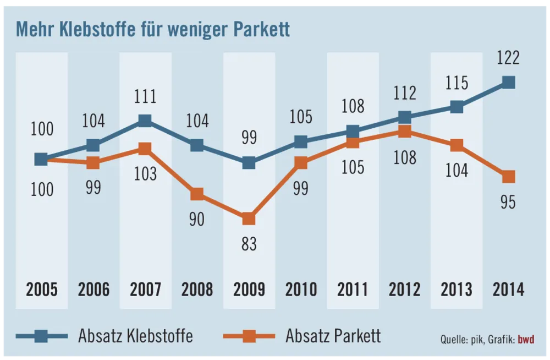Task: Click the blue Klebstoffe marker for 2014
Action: tap(508, 83)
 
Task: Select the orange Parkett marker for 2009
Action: tap(249, 219)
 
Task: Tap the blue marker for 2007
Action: tap(145, 121)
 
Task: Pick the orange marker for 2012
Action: tap(405, 132)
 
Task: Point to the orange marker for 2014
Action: tap(508, 177)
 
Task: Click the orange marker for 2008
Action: tap(197, 194)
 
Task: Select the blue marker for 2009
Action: tap(249, 163)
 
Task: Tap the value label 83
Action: tap(249, 244)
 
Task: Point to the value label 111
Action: tap(145, 97)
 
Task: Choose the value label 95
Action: tap(508, 202)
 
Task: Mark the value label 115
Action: tap(457, 84)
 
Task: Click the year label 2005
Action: tap(41, 289)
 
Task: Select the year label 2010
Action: tap(301, 289)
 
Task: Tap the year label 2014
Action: tap(508, 289)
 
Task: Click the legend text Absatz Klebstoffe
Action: tap(135, 335)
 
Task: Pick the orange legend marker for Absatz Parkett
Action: tap(249, 335)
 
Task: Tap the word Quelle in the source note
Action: tap(453, 339)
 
